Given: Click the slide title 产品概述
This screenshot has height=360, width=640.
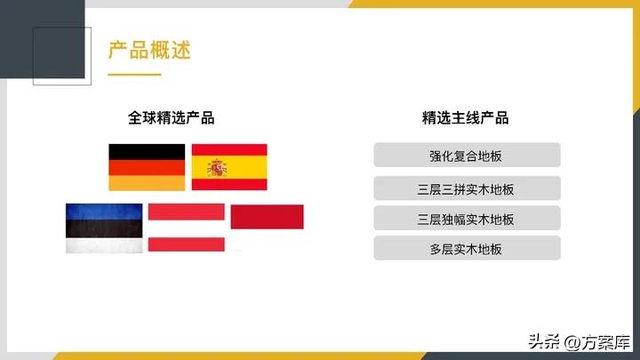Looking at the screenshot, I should click(x=149, y=50).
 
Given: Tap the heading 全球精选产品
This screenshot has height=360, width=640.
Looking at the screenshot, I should click(x=172, y=118).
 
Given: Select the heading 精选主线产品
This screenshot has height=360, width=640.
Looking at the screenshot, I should click(x=466, y=118).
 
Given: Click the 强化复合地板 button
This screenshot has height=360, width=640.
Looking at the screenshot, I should click(x=467, y=156).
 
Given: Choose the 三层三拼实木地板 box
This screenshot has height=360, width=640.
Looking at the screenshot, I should click(x=467, y=188).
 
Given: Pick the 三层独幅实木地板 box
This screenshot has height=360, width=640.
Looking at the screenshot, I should click(x=467, y=219).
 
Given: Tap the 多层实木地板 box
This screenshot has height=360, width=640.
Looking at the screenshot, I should click(x=467, y=249).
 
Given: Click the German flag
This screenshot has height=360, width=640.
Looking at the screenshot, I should click(x=147, y=167).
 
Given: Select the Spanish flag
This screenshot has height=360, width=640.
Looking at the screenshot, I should click(x=229, y=167).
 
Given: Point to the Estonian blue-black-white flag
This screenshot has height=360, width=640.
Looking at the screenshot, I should click(x=104, y=228).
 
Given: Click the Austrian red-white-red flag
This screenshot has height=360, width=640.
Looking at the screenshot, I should click(x=186, y=228).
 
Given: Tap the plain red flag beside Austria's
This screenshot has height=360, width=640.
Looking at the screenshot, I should click(x=267, y=216).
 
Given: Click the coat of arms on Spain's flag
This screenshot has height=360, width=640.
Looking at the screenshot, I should click(x=217, y=167).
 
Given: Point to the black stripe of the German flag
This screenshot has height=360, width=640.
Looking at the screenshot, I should click(x=147, y=152).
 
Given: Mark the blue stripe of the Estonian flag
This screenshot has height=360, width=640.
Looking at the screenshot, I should click(x=104, y=212).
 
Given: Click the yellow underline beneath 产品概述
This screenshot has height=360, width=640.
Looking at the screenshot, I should click(x=134, y=75).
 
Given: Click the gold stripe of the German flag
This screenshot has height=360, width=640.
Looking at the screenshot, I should click(x=147, y=182).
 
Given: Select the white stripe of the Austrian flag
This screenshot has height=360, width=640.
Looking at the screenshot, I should click(x=186, y=228).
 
